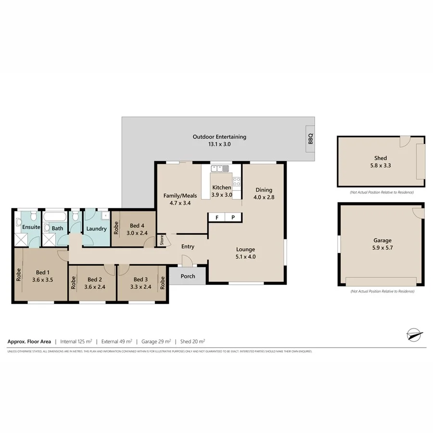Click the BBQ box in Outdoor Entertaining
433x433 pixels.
pos(310,139)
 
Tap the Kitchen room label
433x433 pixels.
pos(222,187)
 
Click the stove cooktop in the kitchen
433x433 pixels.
pos(237,182)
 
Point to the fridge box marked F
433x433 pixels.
pos(217,217)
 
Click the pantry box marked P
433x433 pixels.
pos(233,217)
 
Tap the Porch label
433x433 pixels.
pos(188,276)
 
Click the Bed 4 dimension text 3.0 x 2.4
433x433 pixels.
pos(137,233)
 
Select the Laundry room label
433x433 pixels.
pos(96,229)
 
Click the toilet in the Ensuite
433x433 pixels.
pos(19,223)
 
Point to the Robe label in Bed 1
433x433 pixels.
pos(19,274)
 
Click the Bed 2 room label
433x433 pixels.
pos(94,280)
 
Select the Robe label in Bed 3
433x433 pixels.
pos(163,282)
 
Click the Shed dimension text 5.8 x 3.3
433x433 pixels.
pos(381,166)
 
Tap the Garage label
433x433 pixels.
pos(382,241)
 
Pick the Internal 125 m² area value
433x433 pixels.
pos(76,342)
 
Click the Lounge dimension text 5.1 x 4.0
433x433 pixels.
pos(245,257)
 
